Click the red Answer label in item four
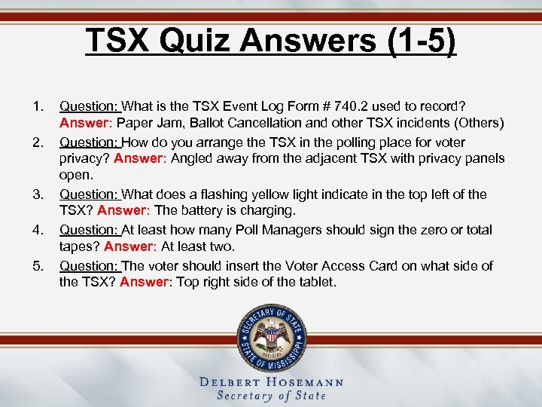click(x=129, y=246)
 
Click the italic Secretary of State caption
click(x=271, y=396)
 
